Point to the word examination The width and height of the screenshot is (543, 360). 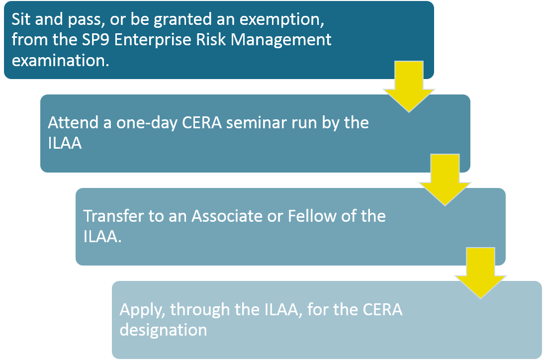pos(60,61)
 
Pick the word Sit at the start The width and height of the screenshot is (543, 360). pos(21,19)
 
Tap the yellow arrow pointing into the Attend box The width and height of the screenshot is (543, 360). pos(409,87)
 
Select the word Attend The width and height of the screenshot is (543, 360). pos(73,122)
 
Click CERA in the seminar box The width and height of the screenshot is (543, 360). pos(202,123)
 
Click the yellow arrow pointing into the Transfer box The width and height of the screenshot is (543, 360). pos(445,180)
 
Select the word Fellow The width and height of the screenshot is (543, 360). pos(312,216)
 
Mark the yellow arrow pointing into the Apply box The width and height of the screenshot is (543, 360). pos(481,273)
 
